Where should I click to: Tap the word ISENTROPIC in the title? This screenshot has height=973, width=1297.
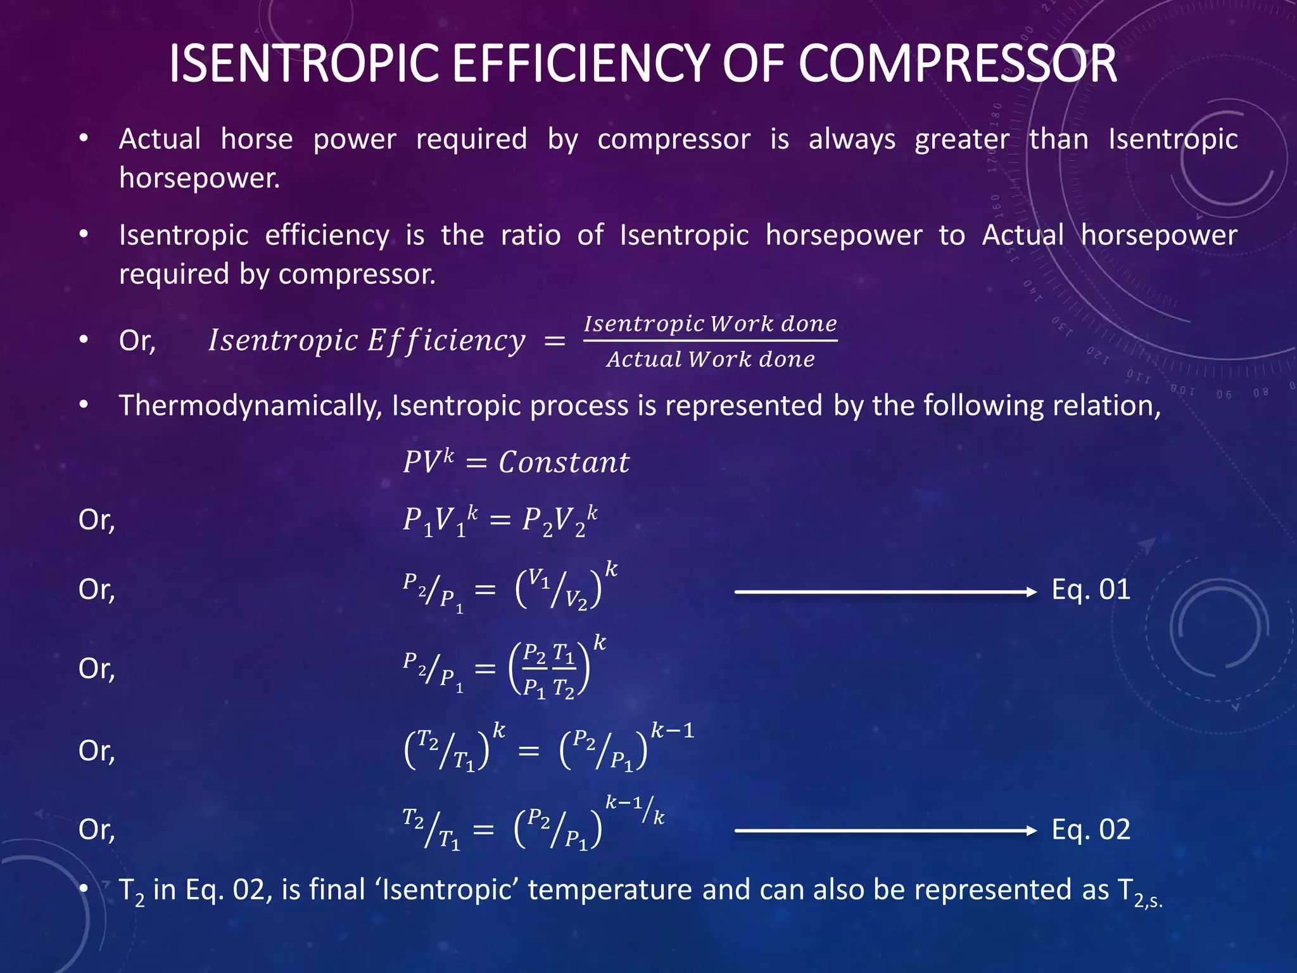(x=304, y=64)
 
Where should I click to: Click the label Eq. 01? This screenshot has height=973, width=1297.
(x=1091, y=590)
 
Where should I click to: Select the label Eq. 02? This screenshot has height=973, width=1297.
(x=1091, y=830)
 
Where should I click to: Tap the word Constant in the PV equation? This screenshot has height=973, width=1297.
(x=564, y=462)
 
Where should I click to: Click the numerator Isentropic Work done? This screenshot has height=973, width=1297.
(x=710, y=324)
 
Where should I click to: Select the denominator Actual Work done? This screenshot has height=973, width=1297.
(x=710, y=360)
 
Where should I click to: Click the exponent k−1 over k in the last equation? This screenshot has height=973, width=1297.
(x=635, y=809)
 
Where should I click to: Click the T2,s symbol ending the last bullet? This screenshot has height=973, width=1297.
(x=1140, y=892)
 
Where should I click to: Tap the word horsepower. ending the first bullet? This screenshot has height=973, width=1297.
(x=199, y=179)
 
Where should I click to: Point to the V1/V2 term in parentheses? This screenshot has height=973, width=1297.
(x=558, y=588)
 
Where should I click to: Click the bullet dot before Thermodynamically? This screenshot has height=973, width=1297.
(x=84, y=405)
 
